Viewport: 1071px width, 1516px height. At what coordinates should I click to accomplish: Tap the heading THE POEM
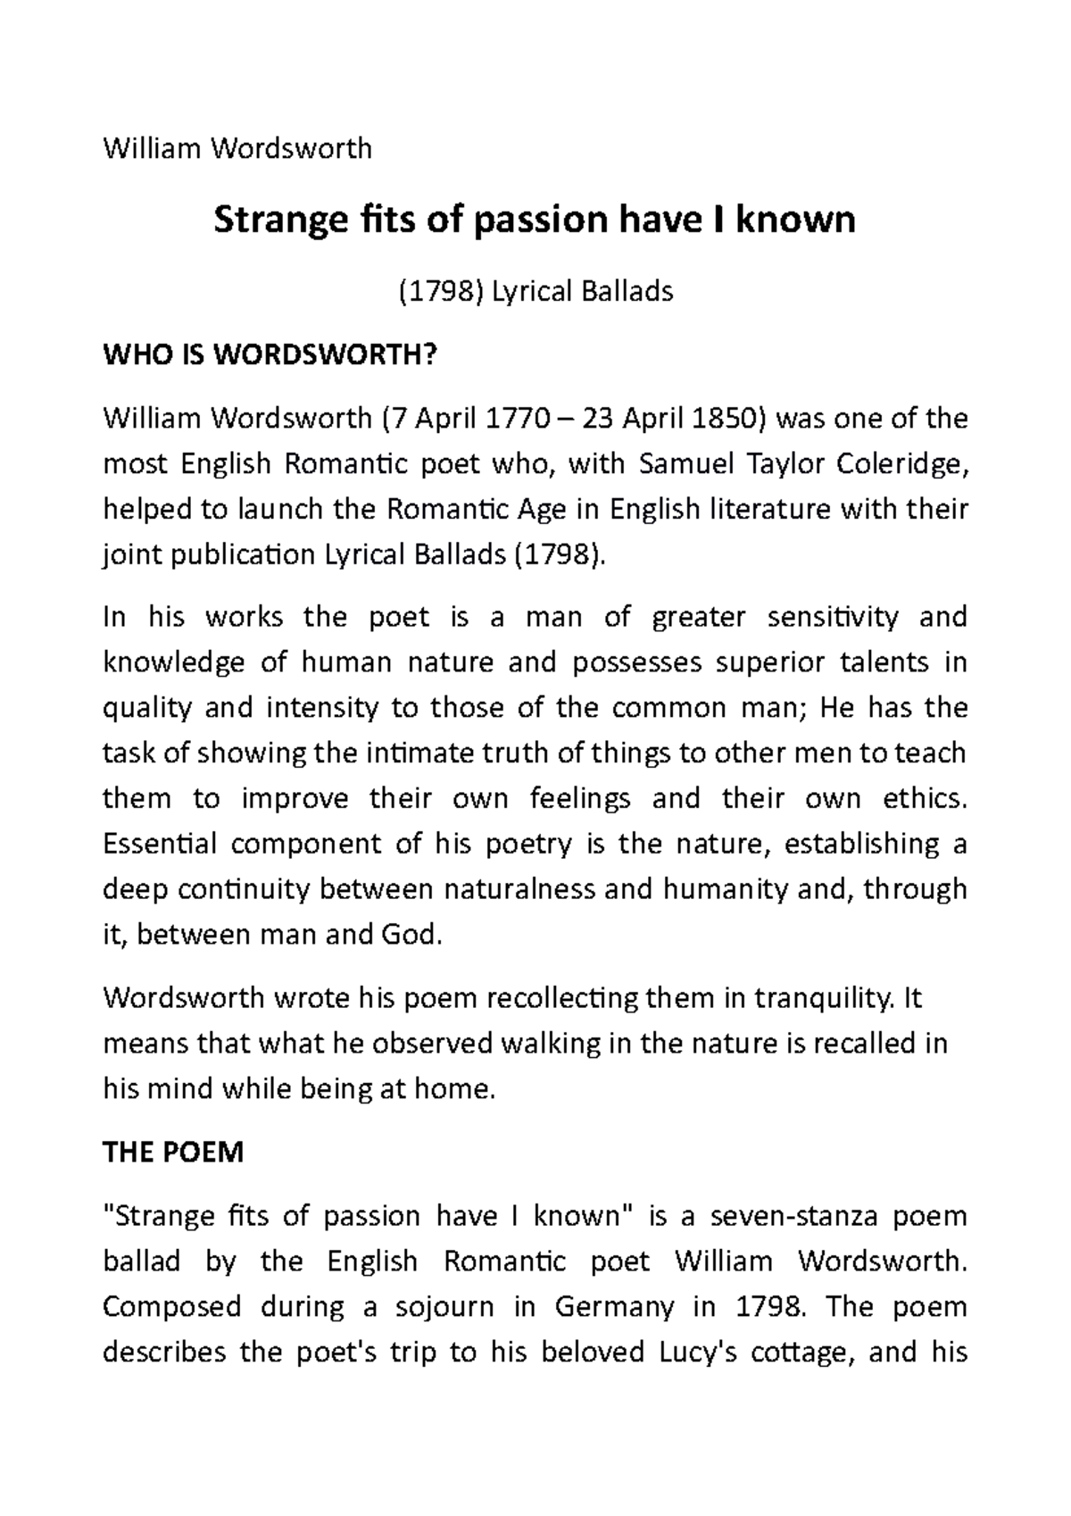(173, 1153)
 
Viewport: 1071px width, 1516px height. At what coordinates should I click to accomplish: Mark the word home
(458, 1089)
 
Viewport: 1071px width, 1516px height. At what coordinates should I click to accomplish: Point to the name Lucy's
(697, 1353)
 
